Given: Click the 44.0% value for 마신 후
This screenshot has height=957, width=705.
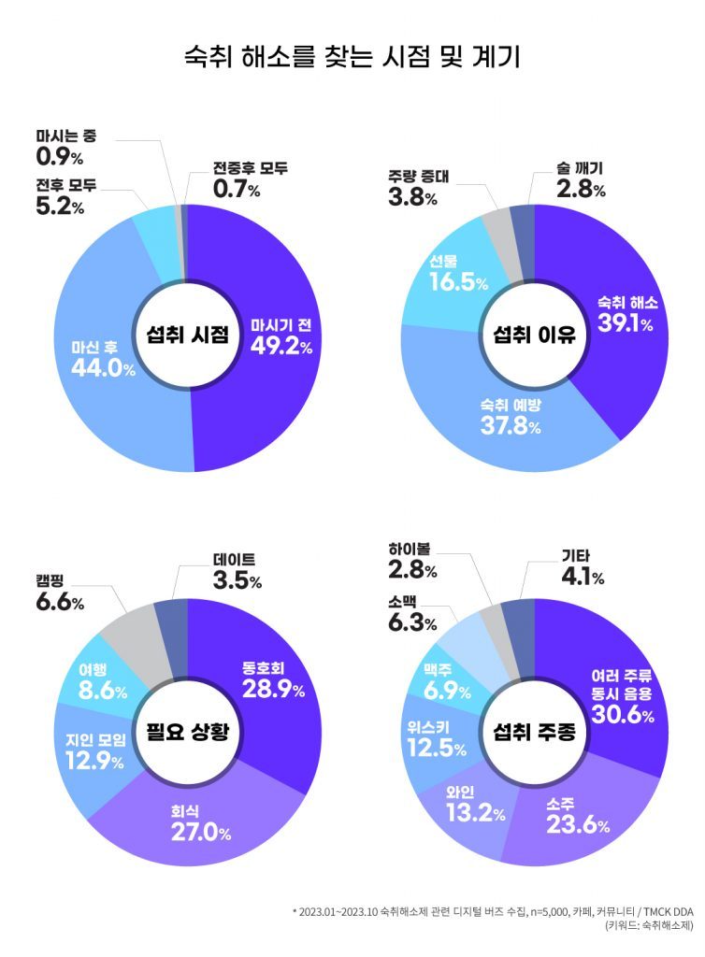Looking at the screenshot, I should pos(103,368).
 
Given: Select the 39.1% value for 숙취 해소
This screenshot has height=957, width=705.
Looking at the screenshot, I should pos(627,324).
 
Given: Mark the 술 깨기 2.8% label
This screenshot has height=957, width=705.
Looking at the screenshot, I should pos(581,180).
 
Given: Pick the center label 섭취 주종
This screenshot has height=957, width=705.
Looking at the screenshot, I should pos(534,730).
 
